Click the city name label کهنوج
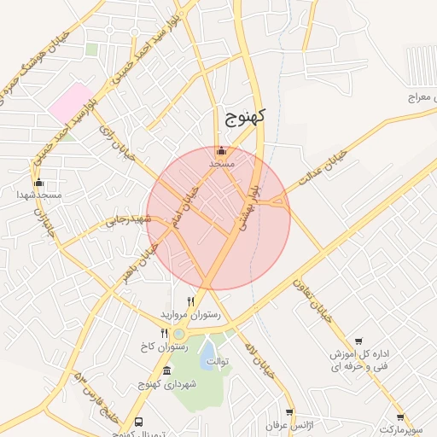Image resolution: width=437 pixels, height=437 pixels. pos(245,118)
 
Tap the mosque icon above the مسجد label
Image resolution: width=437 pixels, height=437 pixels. pos(222,150)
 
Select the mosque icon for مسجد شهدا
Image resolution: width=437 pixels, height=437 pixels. pos(38,183)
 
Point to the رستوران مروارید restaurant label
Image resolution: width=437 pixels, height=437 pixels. pos(196,315)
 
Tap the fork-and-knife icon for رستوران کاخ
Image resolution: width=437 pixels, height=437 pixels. pos(165,334)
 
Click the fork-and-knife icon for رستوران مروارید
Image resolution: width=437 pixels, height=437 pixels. pos(191,301)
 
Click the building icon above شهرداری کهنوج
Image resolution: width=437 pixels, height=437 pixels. pos(166,371)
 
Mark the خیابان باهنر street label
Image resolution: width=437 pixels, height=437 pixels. pos(141,262)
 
